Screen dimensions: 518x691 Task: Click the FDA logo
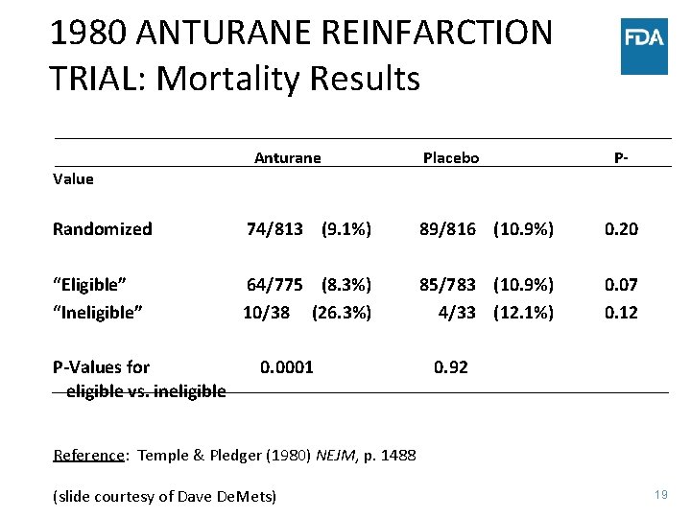point(644,45)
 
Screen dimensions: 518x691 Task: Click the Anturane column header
point(287,158)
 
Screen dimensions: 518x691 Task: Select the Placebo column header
point(451,158)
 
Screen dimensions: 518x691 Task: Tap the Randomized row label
point(102,229)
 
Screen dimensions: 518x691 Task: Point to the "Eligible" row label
point(90,285)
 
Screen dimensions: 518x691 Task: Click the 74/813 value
point(274,229)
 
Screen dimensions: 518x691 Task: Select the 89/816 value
point(447,229)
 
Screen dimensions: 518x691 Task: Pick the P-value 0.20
point(621,229)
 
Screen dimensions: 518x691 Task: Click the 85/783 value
point(447,285)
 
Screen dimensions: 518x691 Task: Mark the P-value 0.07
point(621,285)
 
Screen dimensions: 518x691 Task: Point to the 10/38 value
point(266,313)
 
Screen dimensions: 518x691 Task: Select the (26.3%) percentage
point(342,313)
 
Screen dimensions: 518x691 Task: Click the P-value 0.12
point(621,313)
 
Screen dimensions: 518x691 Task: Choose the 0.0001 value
point(287,366)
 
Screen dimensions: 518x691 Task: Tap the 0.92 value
point(451,366)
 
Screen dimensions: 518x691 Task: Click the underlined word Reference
point(89,456)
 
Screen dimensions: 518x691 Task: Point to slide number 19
point(660,495)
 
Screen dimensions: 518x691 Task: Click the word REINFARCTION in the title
point(422,33)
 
